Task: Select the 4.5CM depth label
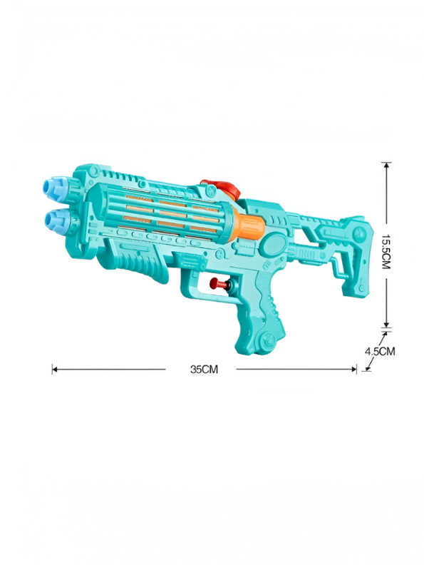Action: click(x=379, y=351)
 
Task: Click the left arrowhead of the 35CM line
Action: click(x=54, y=369)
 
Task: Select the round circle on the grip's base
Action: click(x=267, y=340)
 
